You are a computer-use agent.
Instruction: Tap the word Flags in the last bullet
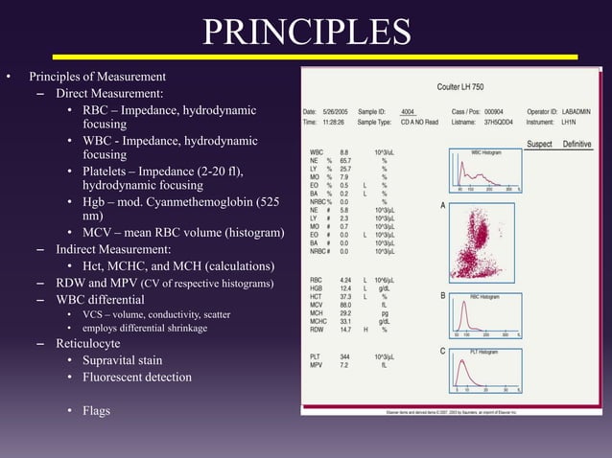coord(96,411)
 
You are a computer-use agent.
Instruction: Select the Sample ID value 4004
coord(408,111)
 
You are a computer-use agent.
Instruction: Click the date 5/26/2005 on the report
coord(334,111)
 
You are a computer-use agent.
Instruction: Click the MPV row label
coord(317,364)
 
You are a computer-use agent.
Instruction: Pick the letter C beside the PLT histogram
coord(442,352)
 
